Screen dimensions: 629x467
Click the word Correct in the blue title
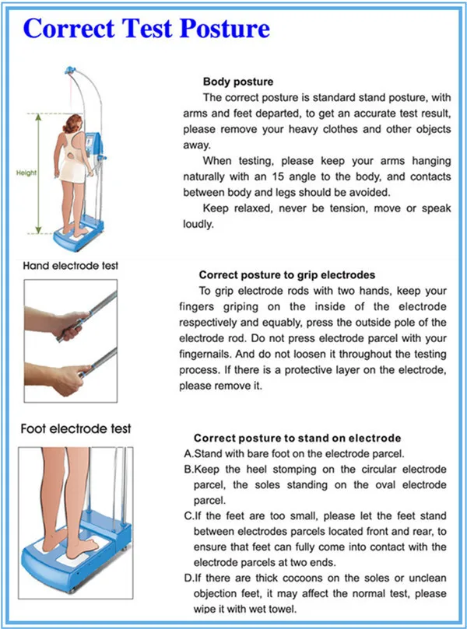tap(62, 29)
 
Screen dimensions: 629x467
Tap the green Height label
tap(26, 174)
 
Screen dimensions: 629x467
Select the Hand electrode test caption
tap(71, 266)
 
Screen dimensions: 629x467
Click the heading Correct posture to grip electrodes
tap(286, 274)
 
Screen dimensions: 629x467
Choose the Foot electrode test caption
tap(77, 428)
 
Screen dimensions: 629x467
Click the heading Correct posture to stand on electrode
tap(297, 438)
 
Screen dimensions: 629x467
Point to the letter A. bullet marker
tap(188, 453)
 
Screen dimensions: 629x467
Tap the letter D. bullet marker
tap(188, 579)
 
